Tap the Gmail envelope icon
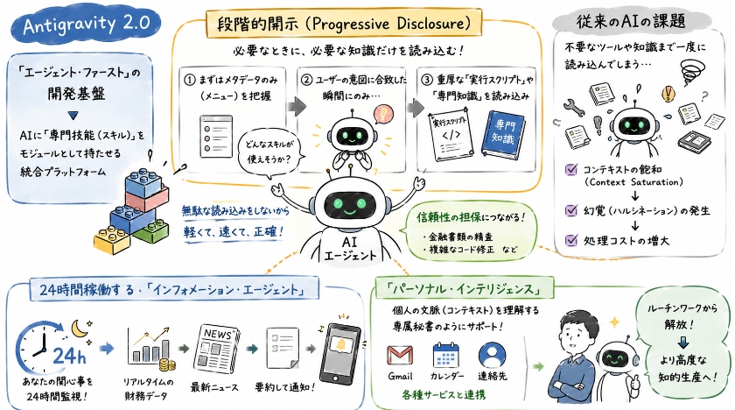click(x=400, y=356)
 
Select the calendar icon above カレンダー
click(x=445, y=355)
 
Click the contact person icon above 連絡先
click(x=492, y=355)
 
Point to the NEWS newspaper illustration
click(x=216, y=348)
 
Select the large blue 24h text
click(x=69, y=356)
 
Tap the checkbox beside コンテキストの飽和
click(x=570, y=169)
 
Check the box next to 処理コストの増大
click(x=570, y=240)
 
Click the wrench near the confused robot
click(x=574, y=108)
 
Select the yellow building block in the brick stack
click(x=112, y=239)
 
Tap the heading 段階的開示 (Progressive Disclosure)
click(x=344, y=24)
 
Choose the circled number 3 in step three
click(x=427, y=80)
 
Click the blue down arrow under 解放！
click(x=683, y=342)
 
